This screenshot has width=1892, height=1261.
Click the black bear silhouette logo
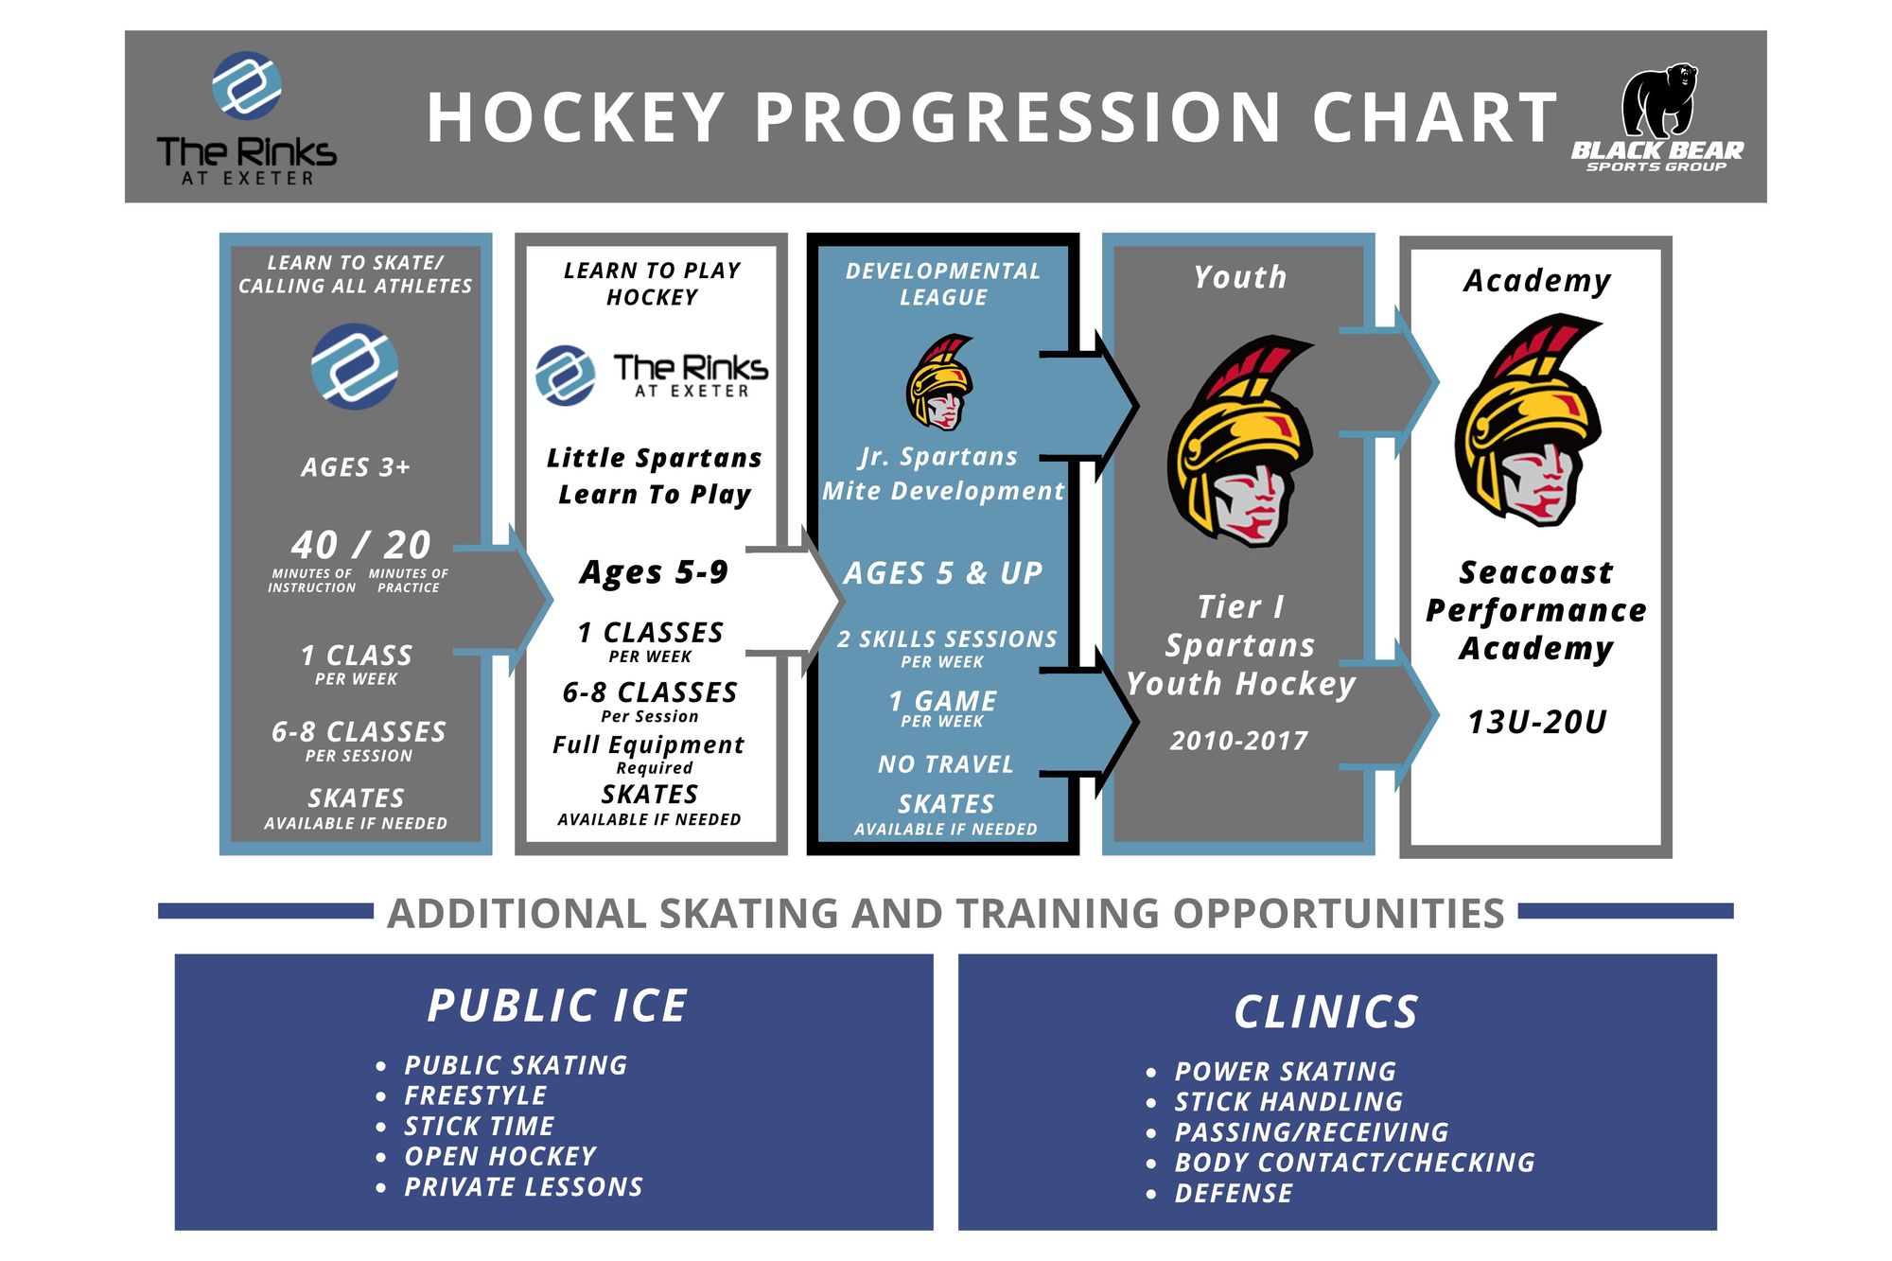click(x=1657, y=100)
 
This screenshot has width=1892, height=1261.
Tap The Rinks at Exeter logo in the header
click(x=246, y=117)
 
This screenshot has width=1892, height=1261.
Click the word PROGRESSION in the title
click(x=1018, y=118)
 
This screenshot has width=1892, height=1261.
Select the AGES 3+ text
click(x=356, y=467)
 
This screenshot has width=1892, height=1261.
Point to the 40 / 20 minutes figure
click(x=360, y=545)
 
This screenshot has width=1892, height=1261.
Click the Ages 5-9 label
click(x=654, y=572)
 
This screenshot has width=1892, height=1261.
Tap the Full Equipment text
click(x=649, y=745)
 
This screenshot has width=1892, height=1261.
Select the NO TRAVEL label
click(x=945, y=764)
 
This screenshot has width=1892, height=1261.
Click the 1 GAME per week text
click(x=943, y=702)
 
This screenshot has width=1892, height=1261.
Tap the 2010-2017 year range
click(x=1239, y=741)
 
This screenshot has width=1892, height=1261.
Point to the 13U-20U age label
click(x=1536, y=723)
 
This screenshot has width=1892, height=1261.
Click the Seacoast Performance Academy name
click(x=1536, y=610)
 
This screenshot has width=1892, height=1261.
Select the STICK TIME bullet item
click(x=479, y=1126)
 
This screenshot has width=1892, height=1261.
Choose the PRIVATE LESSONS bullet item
click(x=523, y=1187)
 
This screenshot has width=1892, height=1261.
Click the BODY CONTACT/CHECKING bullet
click(x=1354, y=1163)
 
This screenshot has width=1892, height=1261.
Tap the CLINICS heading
click(x=1326, y=1012)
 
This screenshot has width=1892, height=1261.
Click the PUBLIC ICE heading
click(x=557, y=1006)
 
